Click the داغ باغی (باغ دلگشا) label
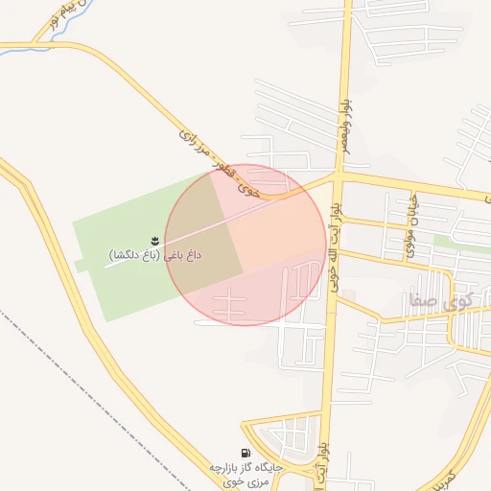tap(154, 256)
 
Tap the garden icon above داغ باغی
tap(154, 239)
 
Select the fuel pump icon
tap(247, 453)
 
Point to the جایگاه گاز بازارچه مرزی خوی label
tap(247, 473)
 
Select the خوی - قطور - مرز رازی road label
tap(221, 162)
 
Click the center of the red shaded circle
tap(245, 245)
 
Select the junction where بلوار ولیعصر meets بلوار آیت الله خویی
tap(339, 176)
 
